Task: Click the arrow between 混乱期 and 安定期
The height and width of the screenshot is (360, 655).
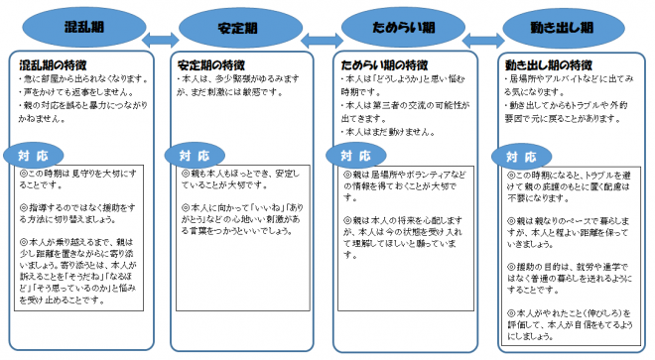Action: tap(161, 41)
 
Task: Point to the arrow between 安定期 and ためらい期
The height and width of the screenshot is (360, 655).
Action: tap(320, 41)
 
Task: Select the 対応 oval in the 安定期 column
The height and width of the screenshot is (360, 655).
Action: tap(196, 156)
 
